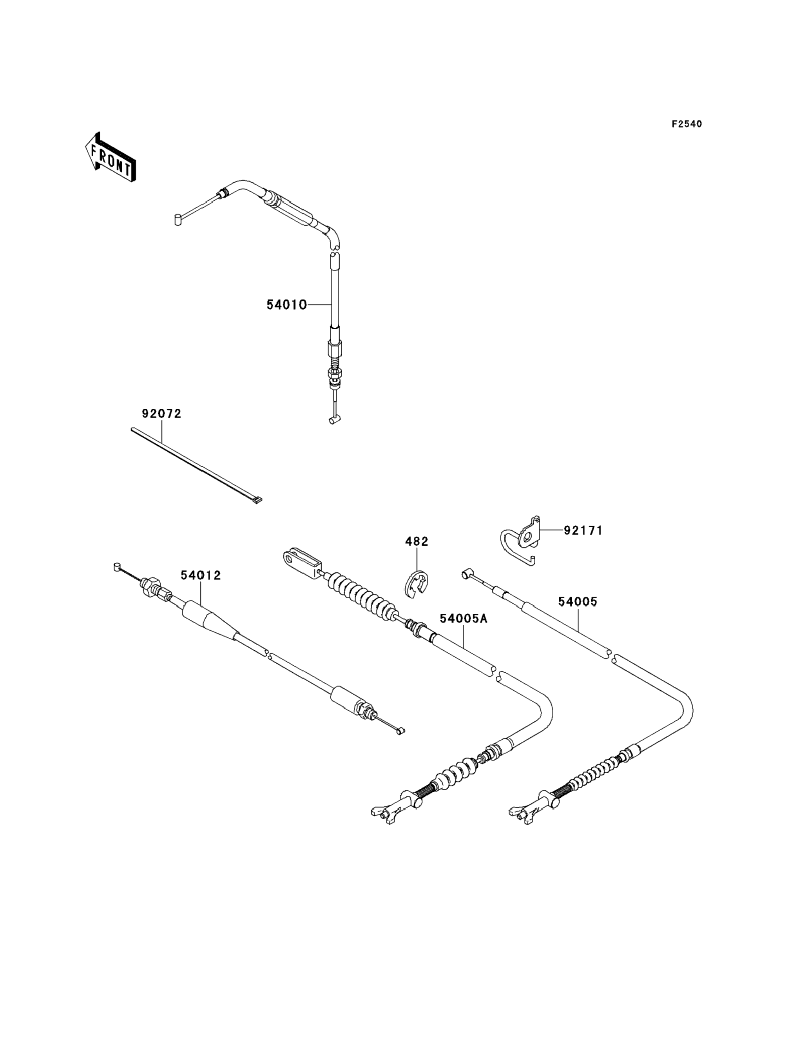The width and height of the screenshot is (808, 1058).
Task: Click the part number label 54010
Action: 287,305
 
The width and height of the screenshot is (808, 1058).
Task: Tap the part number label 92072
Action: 161,414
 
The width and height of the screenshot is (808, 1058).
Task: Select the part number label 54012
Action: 201,575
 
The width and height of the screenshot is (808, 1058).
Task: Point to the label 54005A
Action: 464,618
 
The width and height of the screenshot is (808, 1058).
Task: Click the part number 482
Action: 417,541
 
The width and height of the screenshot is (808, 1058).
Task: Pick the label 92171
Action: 583,530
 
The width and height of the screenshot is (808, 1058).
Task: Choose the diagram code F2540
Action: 687,124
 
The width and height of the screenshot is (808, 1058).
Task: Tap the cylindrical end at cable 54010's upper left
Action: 178,220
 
